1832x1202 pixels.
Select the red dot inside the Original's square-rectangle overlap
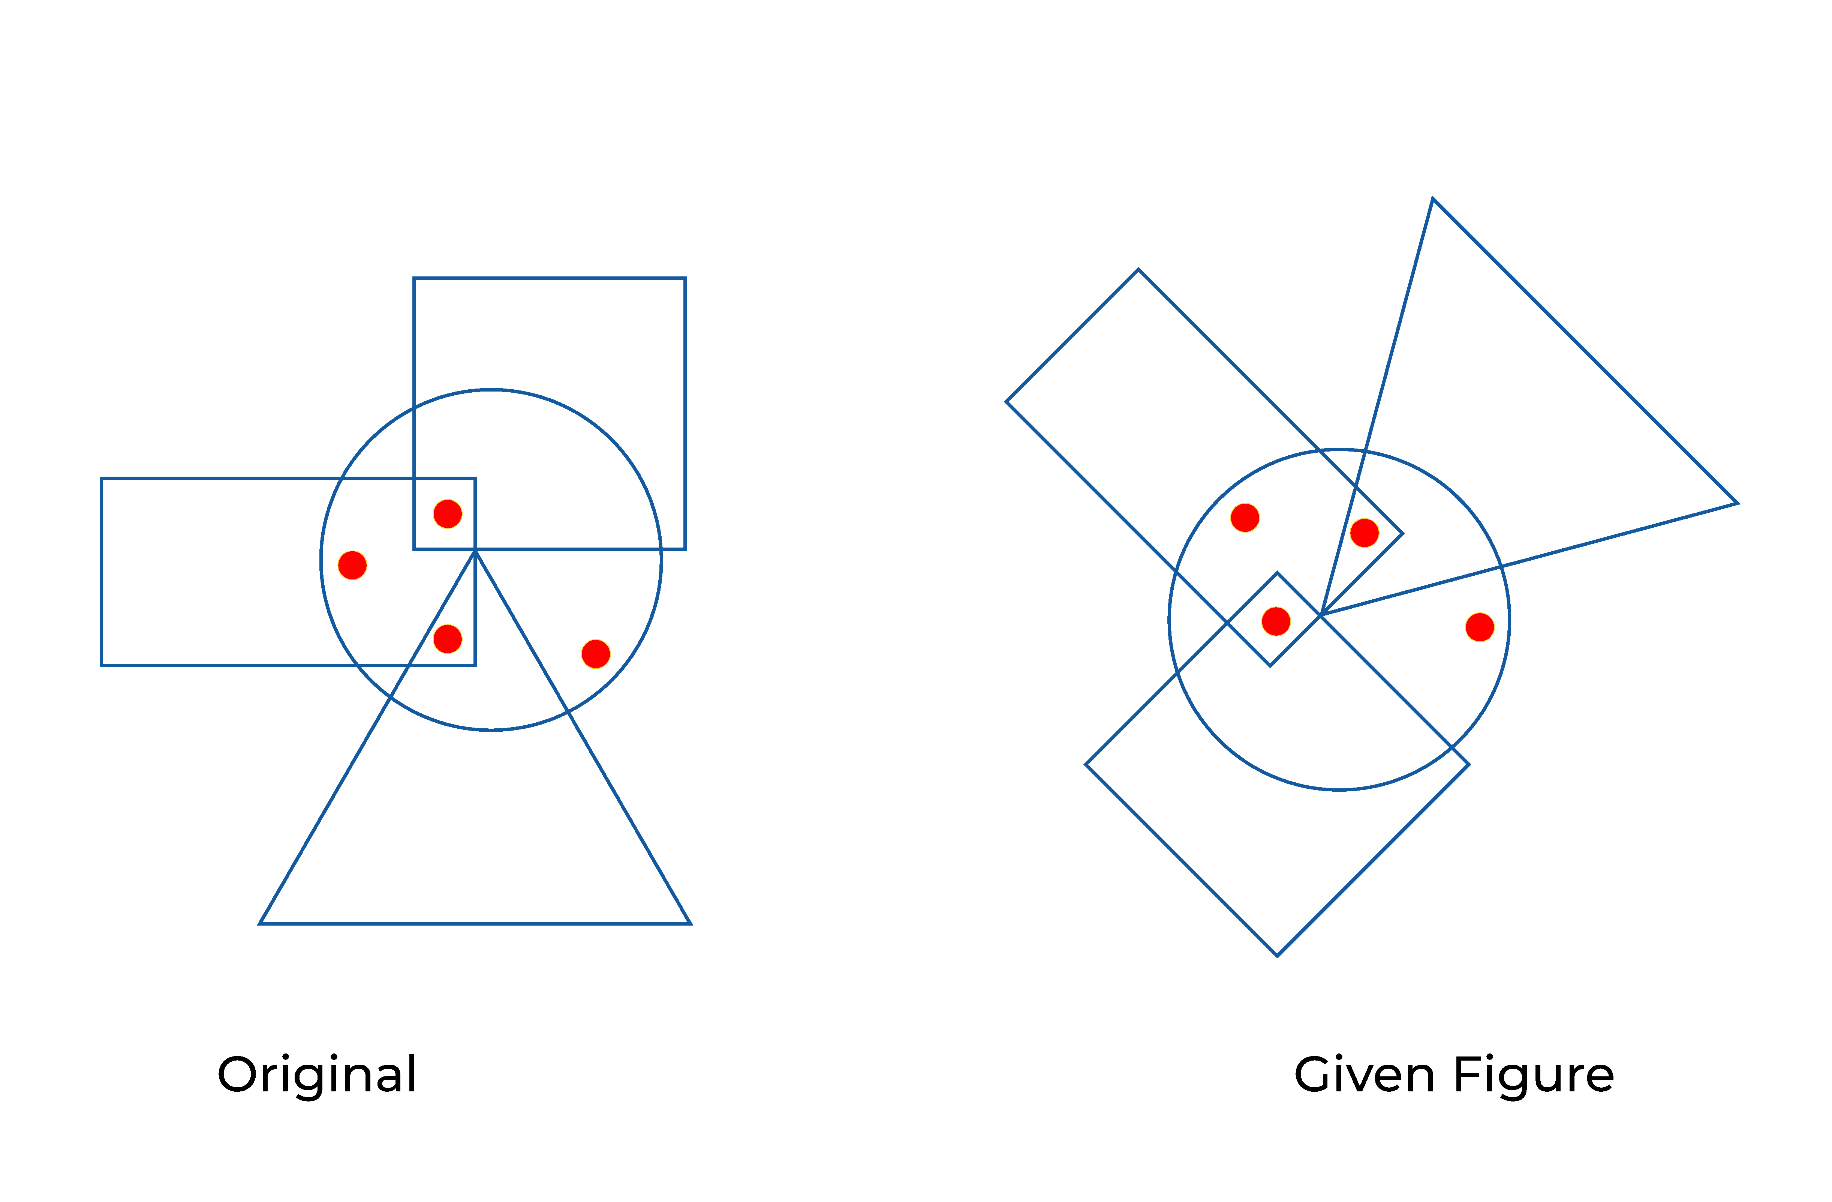pos(447,513)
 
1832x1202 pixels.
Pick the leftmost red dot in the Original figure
pos(352,565)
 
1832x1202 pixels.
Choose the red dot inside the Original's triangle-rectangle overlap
pos(447,638)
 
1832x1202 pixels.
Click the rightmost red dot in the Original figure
pos(596,654)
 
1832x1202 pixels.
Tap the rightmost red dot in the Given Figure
pos(1480,627)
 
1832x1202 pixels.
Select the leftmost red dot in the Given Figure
pos(1245,518)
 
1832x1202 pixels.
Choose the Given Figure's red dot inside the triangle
pos(1364,532)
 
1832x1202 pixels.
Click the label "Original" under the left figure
pos(317,1076)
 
